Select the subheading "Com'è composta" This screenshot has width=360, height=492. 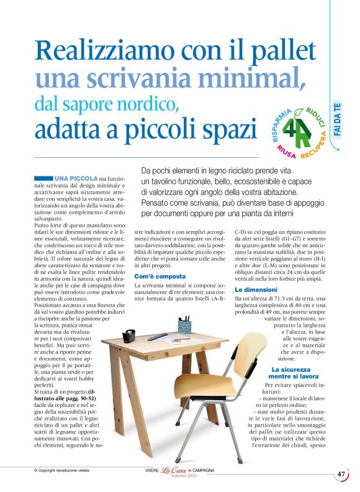coord(160,276)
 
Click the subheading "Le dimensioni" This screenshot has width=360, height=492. coord(256,289)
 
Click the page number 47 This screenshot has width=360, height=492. coord(341,473)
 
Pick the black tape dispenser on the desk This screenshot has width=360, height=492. coord(129,336)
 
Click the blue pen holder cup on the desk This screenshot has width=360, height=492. coord(184,326)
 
